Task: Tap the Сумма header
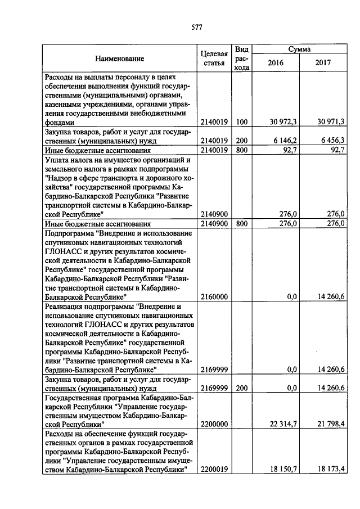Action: (x=299, y=49)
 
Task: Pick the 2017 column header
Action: (x=323, y=63)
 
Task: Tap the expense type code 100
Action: (x=242, y=121)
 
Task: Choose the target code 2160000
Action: (x=214, y=296)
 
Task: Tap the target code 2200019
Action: (x=214, y=469)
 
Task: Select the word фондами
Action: (x=60, y=121)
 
